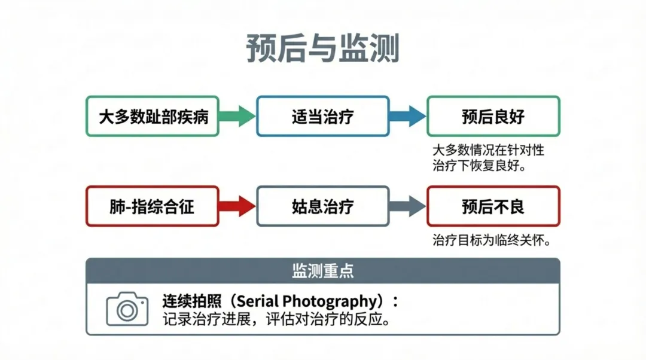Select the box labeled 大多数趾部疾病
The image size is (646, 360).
click(153, 116)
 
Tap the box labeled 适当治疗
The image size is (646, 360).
click(323, 116)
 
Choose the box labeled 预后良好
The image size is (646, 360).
click(493, 116)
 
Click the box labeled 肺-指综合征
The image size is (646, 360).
click(153, 206)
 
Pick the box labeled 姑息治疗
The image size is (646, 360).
click(323, 206)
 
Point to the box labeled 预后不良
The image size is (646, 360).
click(493, 206)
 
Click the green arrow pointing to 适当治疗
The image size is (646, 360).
click(237, 116)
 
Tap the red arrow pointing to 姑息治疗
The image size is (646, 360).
click(237, 206)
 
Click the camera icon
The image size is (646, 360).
click(127, 309)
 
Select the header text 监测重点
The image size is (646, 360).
click(322, 270)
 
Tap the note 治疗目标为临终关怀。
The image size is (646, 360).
click(491, 240)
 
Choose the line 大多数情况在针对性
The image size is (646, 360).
click(488, 150)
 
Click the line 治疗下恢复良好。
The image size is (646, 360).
click(479, 165)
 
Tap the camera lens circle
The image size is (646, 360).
click(127, 310)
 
